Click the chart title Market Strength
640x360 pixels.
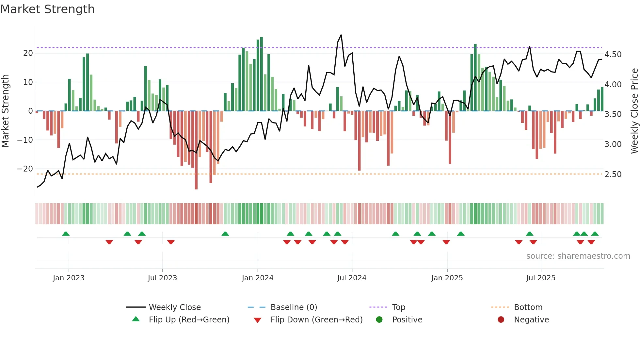pyautogui.click(x=47, y=9)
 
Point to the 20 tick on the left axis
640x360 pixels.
pyautogui.click(x=28, y=53)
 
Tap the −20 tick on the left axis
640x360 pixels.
pyautogui.click(x=25, y=169)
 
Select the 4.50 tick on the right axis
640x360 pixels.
pyautogui.click(x=613, y=55)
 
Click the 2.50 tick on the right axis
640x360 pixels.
pyautogui.click(x=613, y=174)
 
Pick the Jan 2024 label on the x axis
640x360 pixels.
pyautogui.click(x=258, y=278)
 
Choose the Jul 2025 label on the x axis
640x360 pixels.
pyautogui.click(x=541, y=278)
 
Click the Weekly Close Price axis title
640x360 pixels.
pyautogui.click(x=634, y=111)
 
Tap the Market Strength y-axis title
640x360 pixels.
pyautogui.click(x=6, y=111)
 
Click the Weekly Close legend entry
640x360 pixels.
pyautogui.click(x=175, y=307)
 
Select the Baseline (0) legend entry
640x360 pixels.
pyautogui.click(x=294, y=307)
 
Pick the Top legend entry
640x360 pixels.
pyautogui.click(x=398, y=307)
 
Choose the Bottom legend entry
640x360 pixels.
pyautogui.click(x=528, y=307)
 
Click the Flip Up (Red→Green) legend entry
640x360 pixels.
pyautogui.click(x=189, y=320)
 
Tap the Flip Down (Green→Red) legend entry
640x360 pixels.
pyautogui.click(x=316, y=320)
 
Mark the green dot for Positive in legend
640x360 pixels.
pyautogui.click(x=379, y=319)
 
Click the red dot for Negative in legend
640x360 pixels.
pyautogui.click(x=501, y=319)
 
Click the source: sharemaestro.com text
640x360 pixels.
pyautogui.click(x=578, y=256)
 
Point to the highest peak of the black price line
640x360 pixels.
pyautogui.click(x=341, y=35)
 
